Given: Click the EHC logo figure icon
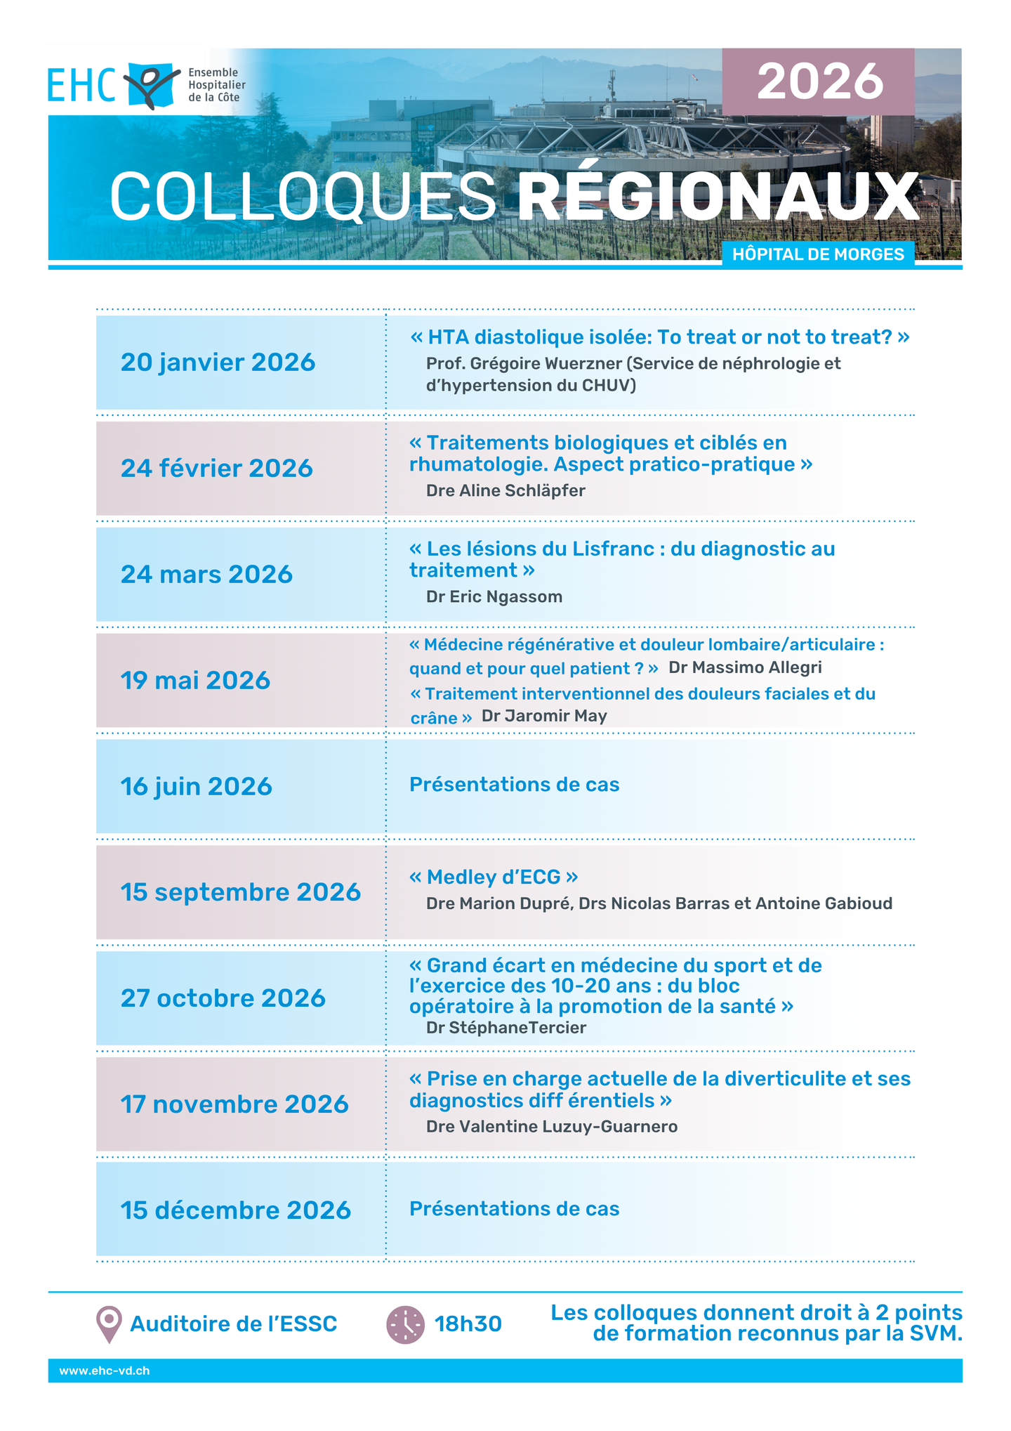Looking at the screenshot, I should (x=151, y=85).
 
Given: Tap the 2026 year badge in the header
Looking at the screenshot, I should (x=819, y=81).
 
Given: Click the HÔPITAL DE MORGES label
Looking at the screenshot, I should (x=818, y=254).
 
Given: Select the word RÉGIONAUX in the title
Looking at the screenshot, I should (x=718, y=197).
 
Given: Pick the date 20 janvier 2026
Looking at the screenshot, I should (x=218, y=362).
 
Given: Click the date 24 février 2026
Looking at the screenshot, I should (x=216, y=469).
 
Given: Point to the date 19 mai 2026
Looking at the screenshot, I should (x=195, y=681).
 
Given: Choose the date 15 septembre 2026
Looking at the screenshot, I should (x=240, y=892).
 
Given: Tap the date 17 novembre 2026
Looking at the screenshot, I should (x=234, y=1104).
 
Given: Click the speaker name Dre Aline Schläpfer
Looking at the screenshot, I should (x=505, y=491).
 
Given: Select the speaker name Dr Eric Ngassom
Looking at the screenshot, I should (x=494, y=597).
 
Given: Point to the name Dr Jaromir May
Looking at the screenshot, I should (x=544, y=716).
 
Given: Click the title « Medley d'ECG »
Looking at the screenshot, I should (x=494, y=877).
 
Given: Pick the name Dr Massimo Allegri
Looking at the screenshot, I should (x=745, y=667).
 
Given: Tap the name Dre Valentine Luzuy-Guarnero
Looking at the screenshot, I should (x=552, y=1127).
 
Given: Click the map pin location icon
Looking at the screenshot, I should (x=109, y=1324).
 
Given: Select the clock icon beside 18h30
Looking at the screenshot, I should (x=405, y=1325).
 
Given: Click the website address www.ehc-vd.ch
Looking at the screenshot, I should (x=105, y=1371).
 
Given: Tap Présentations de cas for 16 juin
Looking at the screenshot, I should (x=514, y=785).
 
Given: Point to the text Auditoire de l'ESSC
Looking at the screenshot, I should (x=234, y=1324).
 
